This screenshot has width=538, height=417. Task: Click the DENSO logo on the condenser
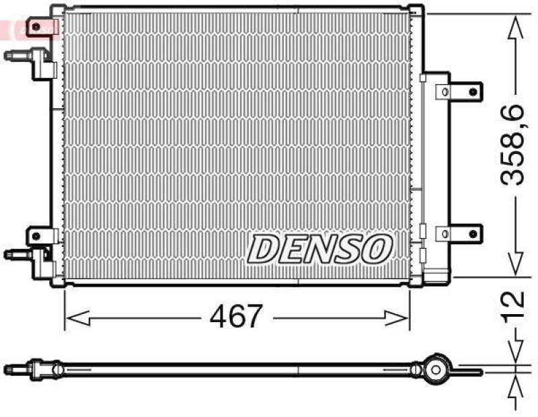click(x=319, y=249)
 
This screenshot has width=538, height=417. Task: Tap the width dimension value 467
click(x=235, y=316)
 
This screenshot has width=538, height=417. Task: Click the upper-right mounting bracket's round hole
click(x=473, y=90)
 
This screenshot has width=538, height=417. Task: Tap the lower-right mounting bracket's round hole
click(x=473, y=233)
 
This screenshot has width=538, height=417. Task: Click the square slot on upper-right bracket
click(x=443, y=90)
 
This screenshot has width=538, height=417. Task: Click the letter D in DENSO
click(x=264, y=250)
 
